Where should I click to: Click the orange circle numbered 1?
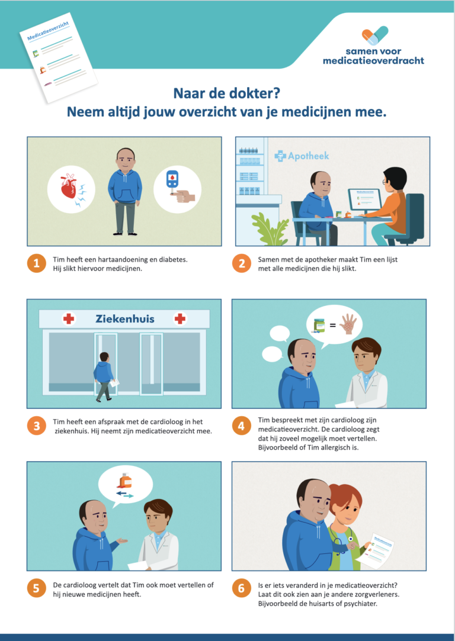[37, 263]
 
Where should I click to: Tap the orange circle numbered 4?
[241, 426]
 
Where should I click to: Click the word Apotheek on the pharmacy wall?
[308, 156]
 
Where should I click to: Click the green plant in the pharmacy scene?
[271, 230]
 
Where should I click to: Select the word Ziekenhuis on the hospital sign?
[125, 319]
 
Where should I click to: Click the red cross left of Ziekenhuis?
[68, 319]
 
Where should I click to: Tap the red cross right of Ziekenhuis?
[180, 319]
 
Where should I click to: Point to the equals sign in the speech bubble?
[332, 326]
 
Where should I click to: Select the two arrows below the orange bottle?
[124, 494]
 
